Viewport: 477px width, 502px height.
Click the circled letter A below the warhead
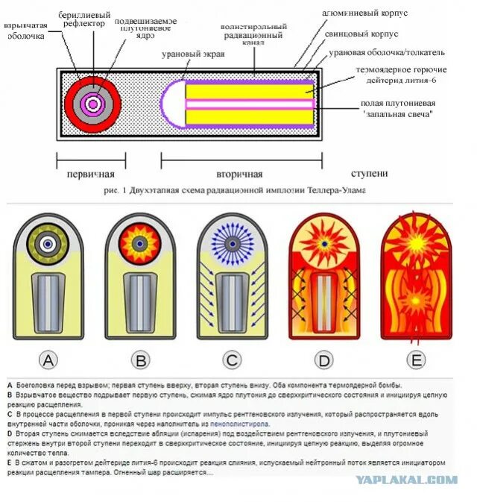pyautogui.click(x=48, y=361)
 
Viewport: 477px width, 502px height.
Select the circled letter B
pyautogui.click(x=140, y=361)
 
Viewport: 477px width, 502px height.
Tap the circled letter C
pyautogui.click(x=233, y=361)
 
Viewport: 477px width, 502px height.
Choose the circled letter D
pyautogui.click(x=324, y=361)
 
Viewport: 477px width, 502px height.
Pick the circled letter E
pyautogui.click(x=417, y=361)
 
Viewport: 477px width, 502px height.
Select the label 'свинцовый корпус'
pyautogui.click(x=361, y=34)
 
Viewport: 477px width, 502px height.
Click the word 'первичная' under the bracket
pyautogui.click(x=91, y=175)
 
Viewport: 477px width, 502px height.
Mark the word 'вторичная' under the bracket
pyautogui.click(x=240, y=175)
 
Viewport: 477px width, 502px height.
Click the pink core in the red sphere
pyautogui.click(x=93, y=104)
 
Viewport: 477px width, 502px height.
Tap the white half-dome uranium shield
pyautogui.click(x=172, y=103)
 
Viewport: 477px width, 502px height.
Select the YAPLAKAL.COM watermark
pyautogui.click(x=406, y=480)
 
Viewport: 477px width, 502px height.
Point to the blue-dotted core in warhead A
pyautogui.click(x=48, y=243)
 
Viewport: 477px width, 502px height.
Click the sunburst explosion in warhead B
pyautogui.click(x=140, y=243)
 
